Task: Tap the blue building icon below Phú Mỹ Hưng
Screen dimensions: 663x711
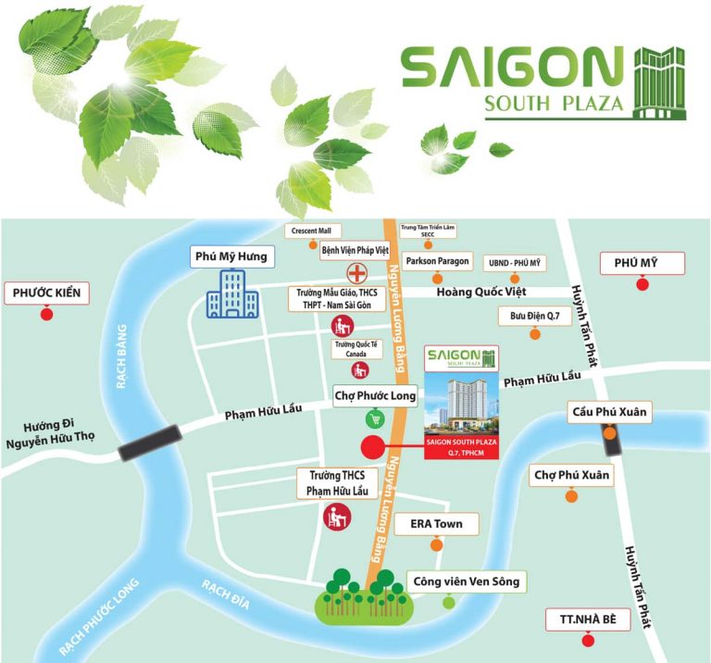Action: [x=227, y=294]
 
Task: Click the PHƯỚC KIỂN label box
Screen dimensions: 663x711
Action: [x=47, y=294]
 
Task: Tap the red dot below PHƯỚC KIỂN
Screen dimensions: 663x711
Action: [x=47, y=315]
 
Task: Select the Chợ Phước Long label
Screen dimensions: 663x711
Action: [x=375, y=396]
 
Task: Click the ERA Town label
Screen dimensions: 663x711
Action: [x=436, y=524]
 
